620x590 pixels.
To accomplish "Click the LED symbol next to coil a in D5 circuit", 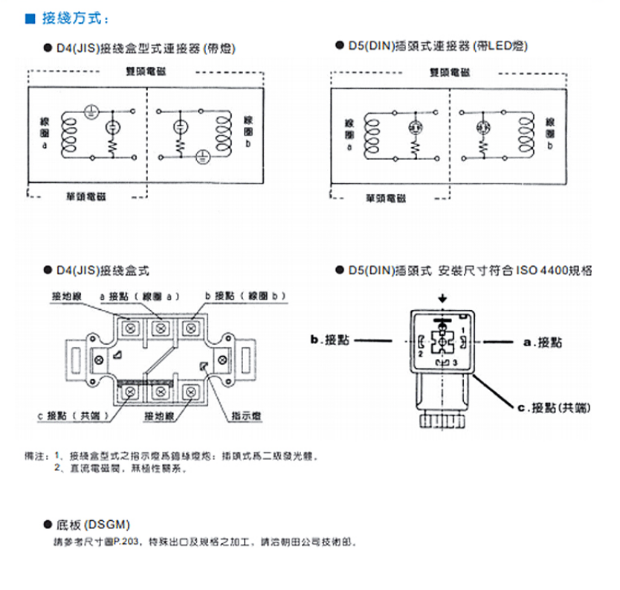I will pos(415,127).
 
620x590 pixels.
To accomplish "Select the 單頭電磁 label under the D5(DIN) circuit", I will pos(386,198).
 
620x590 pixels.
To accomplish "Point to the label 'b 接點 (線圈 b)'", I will pos(245,296).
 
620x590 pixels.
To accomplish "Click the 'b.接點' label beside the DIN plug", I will pos(330,341).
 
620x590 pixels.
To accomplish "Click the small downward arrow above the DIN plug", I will pos(443,298).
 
